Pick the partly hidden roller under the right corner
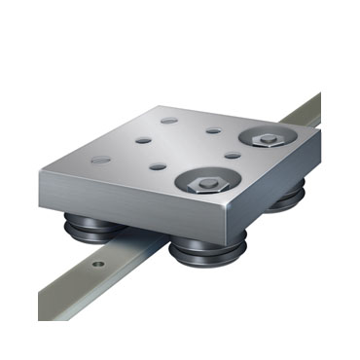coord(286,202)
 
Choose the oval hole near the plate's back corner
coord(169,121)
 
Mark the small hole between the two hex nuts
coord(231,154)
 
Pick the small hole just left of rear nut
coord(213,129)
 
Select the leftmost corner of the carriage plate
coord(59,170)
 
